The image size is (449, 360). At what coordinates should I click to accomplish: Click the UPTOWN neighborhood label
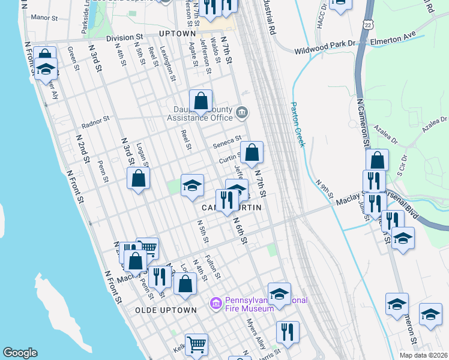click(178, 34)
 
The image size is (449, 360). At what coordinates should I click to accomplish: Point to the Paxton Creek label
click(298, 123)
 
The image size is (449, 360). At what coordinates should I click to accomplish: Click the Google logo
click(20, 353)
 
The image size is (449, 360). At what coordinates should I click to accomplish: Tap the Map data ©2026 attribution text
click(424, 355)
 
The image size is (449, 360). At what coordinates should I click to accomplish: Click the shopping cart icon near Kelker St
click(196, 344)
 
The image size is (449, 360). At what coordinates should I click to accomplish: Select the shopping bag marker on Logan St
click(139, 178)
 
